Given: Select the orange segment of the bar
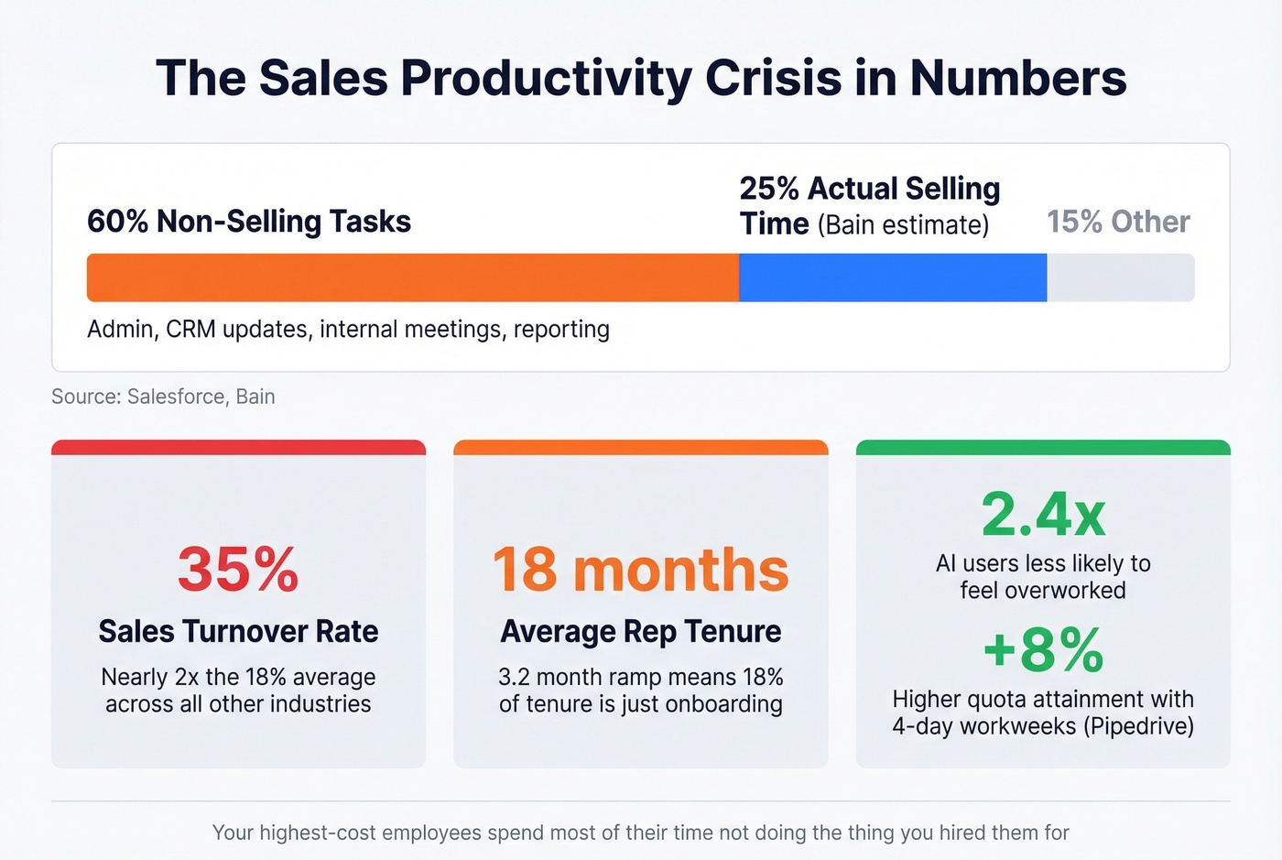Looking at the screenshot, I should coord(412,278).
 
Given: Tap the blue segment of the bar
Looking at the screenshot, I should coord(893,278).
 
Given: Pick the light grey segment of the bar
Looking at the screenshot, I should coord(1120,278).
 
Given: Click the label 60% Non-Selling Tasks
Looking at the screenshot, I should coord(249,222).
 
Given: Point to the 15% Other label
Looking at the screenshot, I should coord(1118,222).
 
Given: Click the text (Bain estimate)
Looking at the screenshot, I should coord(903,224).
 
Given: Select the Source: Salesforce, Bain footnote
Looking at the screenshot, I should coord(163,397).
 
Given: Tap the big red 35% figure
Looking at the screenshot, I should coord(238,570).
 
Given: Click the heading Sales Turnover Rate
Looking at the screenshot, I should coord(238,631).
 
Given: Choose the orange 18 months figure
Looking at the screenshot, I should coord(641,570).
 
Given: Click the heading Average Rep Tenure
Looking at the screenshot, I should coord(641,631).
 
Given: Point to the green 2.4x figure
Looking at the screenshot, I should coord(1043,515).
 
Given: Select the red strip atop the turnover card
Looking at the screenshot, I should coord(238,447).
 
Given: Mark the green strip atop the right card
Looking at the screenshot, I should coord(1043,447).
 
